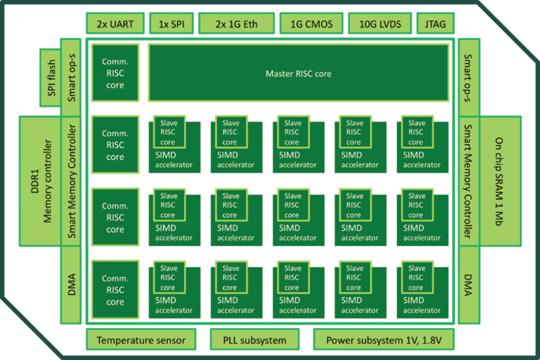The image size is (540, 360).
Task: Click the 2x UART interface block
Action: click(115, 24)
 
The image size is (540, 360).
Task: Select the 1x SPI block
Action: click(171, 24)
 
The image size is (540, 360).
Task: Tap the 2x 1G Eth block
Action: click(236, 24)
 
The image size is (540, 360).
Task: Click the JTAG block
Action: click(435, 24)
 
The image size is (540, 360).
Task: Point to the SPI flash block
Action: click(49, 77)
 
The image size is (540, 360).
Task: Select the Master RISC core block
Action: click(298, 73)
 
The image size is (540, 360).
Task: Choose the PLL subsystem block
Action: click(254, 340)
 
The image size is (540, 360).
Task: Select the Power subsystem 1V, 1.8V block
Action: click(383, 340)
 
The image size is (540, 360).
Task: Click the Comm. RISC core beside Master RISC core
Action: click(115, 73)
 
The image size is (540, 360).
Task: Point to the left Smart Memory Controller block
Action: click(73, 182)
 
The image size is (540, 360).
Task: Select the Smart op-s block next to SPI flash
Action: click(73, 77)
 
